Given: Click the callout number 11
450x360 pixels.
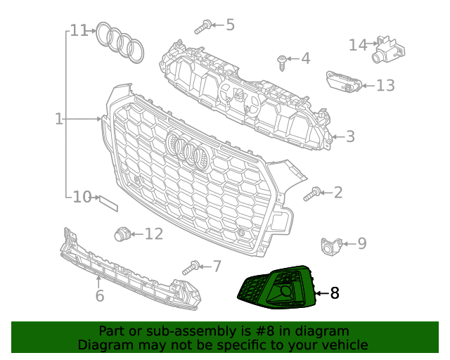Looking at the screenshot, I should point(79,31).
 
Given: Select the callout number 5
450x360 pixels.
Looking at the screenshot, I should point(230,25).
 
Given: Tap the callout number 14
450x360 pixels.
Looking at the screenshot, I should point(358,45).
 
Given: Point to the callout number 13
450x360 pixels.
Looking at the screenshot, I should point(385,86).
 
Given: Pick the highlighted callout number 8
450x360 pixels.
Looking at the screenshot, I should point(335,293).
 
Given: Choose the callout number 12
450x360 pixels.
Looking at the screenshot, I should point(153,233).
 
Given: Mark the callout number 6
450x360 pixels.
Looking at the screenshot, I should point(100,296).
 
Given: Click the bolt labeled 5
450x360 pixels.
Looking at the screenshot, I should point(201,27).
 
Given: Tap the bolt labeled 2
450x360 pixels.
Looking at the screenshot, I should point(313,193).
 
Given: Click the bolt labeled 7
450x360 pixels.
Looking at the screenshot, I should point(191,268).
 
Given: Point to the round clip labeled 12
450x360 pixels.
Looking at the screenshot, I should point(123,233).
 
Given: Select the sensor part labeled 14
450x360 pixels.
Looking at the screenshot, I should point(386,47).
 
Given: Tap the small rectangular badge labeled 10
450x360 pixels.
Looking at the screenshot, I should point(108,202).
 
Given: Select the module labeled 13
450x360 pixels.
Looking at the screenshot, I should point(344,82).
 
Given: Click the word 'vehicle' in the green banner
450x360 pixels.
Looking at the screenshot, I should point(340,345).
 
